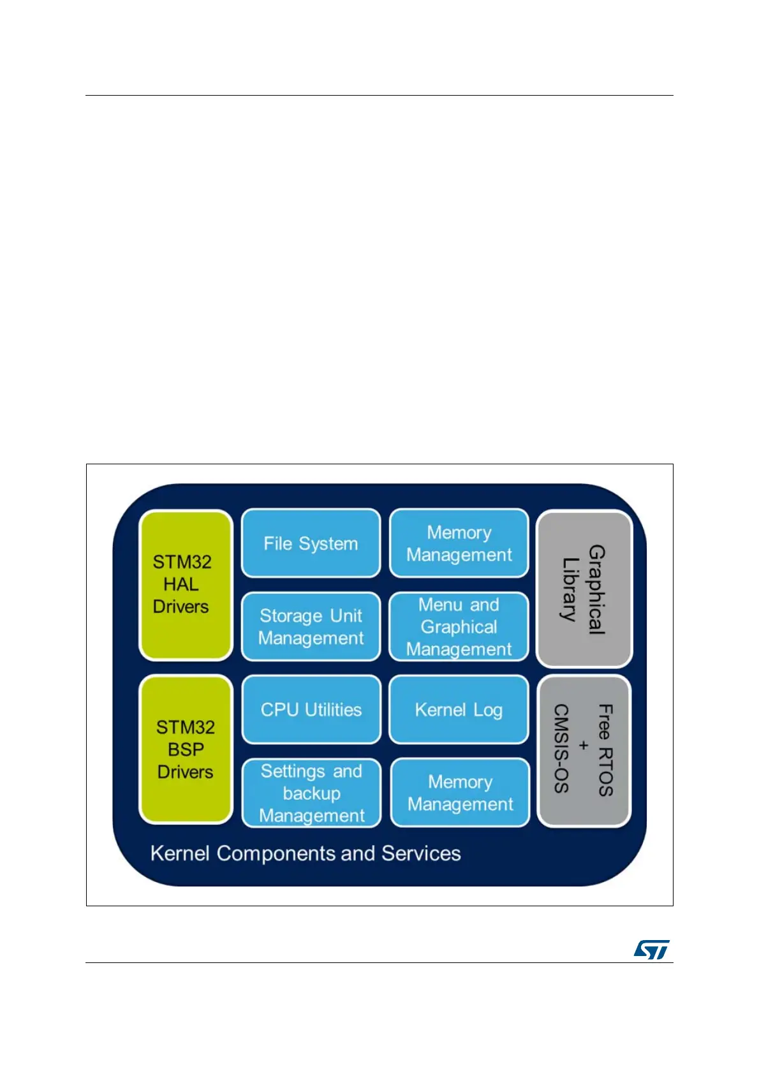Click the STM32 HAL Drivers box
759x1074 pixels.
click(x=185, y=584)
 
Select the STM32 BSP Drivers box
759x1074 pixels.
click(x=185, y=749)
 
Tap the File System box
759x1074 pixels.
click(x=311, y=543)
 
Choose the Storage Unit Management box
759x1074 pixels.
click(x=311, y=626)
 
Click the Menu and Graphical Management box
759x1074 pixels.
click(x=459, y=626)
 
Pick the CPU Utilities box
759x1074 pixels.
click(x=311, y=709)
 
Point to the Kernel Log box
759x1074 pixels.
click(x=459, y=709)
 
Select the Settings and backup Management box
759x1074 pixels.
click(x=311, y=793)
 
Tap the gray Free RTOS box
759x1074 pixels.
click(x=584, y=750)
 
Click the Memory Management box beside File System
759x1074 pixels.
click(x=459, y=543)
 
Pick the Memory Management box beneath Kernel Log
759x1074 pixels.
click(x=460, y=793)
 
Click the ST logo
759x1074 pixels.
click(x=651, y=949)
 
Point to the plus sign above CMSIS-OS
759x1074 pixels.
click(x=583, y=746)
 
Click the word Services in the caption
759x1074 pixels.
click(x=421, y=853)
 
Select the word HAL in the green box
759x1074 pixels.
click(x=181, y=584)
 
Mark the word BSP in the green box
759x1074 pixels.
click(x=186, y=749)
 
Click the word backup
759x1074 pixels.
click(x=311, y=793)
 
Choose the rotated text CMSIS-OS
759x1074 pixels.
click(x=561, y=749)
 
